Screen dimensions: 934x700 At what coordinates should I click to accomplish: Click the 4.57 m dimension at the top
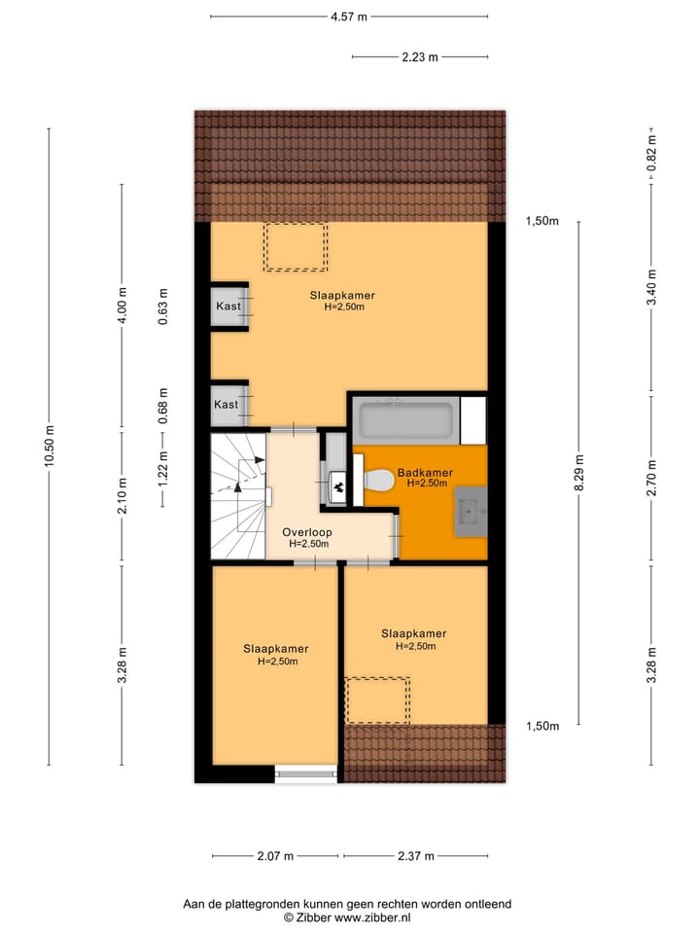[348, 17]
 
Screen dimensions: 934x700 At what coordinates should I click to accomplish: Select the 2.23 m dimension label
[419, 56]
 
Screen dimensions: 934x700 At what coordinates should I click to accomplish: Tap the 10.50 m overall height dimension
[49, 448]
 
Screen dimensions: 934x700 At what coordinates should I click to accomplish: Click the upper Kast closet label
[227, 307]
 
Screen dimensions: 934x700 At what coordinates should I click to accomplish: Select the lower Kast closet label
[226, 404]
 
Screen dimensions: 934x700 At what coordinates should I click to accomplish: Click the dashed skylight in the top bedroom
[296, 247]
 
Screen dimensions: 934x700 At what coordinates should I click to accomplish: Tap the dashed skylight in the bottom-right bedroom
[378, 700]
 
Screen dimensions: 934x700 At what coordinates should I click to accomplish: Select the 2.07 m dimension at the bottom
[275, 856]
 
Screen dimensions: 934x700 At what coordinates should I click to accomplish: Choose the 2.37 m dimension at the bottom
[415, 856]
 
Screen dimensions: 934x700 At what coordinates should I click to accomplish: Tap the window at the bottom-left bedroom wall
[305, 775]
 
